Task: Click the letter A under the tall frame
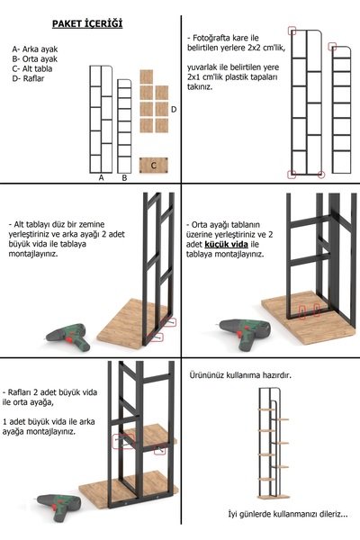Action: coord(101,178)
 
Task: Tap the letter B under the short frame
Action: coord(124,178)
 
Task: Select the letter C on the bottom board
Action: coord(154,166)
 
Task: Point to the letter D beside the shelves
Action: coord(173,109)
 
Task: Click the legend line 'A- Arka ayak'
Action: coord(36,49)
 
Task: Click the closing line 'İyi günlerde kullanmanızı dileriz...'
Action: coord(274,514)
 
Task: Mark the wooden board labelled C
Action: coord(154,166)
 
